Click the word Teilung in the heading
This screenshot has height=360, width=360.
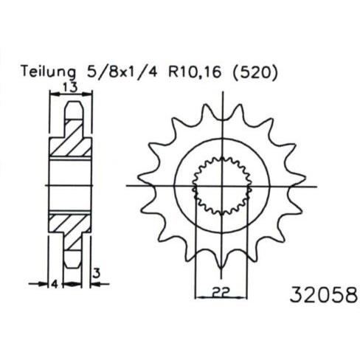pyautogui.click(x=49, y=72)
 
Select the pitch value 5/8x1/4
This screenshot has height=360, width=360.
pyautogui.click(x=122, y=72)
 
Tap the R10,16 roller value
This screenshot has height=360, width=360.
pyautogui.click(x=195, y=72)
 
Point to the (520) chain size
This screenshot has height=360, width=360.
pyautogui.click(x=255, y=72)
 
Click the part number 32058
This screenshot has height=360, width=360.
pyautogui.click(x=324, y=294)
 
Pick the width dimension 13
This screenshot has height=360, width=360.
pyautogui.click(x=71, y=87)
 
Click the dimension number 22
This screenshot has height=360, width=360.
pyautogui.click(x=221, y=291)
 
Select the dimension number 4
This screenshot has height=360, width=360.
pyautogui.click(x=55, y=284)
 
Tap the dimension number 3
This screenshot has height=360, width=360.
pyautogui.click(x=97, y=273)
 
